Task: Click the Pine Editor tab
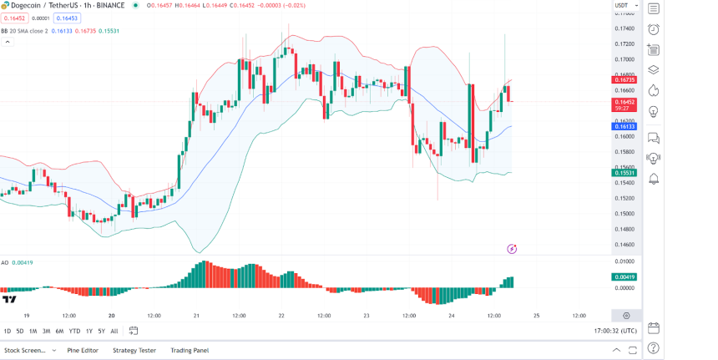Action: [83, 350]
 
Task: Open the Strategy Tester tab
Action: [134, 350]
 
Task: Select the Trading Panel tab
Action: [190, 350]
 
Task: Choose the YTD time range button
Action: [74, 331]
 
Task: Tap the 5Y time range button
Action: [101, 331]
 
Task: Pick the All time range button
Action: [114, 331]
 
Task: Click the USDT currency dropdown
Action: [624, 6]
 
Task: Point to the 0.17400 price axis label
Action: [624, 28]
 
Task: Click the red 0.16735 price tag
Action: [624, 80]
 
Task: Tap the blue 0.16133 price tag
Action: [624, 126]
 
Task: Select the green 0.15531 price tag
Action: [624, 173]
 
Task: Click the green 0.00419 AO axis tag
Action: [624, 276]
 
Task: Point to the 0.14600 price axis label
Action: [624, 245]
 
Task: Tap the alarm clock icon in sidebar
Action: [653, 29]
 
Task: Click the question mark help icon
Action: [653, 347]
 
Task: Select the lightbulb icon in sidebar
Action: [653, 110]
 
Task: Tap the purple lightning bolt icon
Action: [512, 249]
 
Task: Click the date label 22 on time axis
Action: [281, 316]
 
